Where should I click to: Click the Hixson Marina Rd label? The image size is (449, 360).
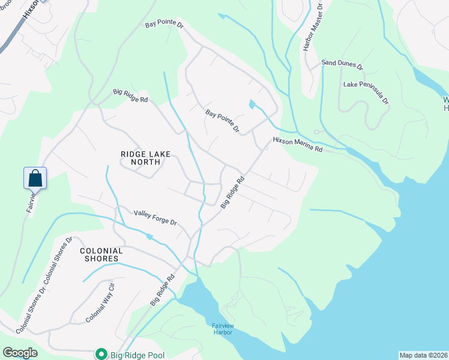click(x=297, y=145)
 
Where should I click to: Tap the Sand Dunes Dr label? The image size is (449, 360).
click(x=342, y=63)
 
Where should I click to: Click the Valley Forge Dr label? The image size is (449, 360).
click(x=155, y=217)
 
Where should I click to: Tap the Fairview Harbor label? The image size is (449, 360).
click(x=226, y=329)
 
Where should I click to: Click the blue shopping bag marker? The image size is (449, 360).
click(x=35, y=178)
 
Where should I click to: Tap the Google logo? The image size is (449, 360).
click(x=20, y=353)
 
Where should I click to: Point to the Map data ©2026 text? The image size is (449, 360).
click(x=423, y=355)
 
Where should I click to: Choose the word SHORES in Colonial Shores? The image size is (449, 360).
click(x=100, y=259)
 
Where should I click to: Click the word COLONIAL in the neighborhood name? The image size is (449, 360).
click(x=101, y=251)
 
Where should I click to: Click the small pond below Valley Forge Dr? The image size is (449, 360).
click(x=149, y=237)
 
